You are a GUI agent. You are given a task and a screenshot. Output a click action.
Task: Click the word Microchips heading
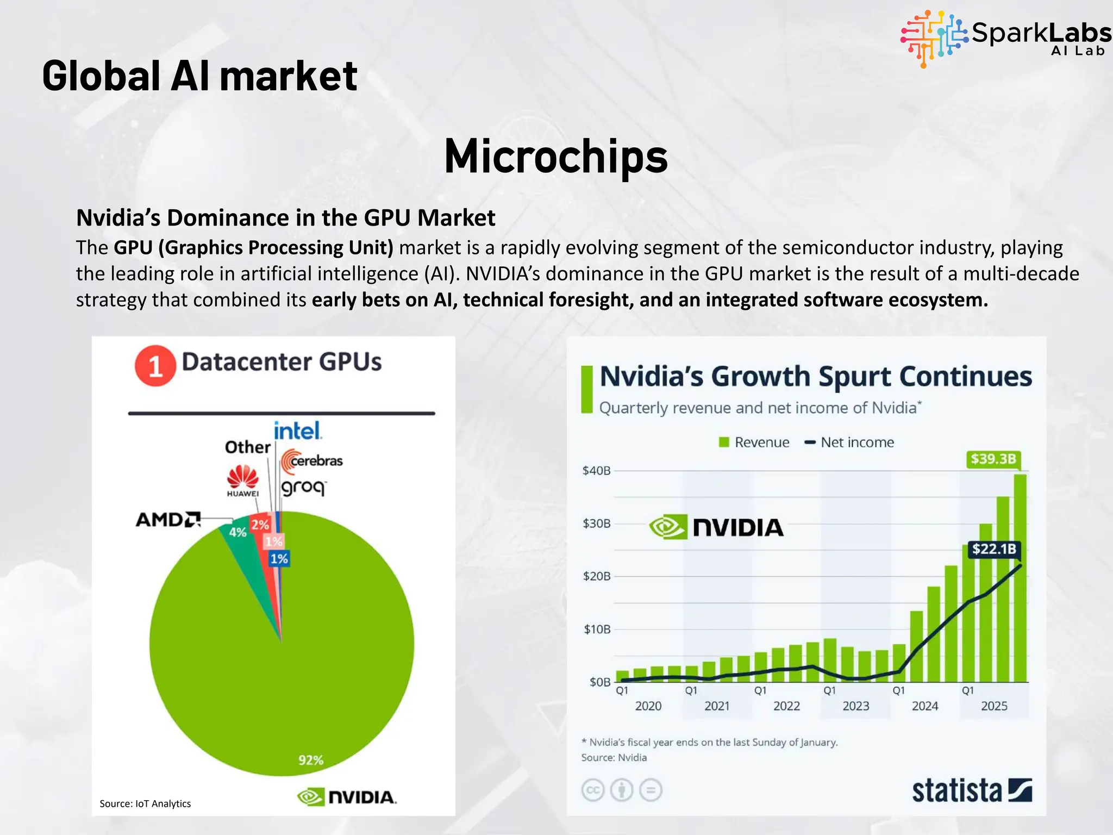tap(555, 157)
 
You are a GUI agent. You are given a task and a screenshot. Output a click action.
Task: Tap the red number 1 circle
tap(155, 366)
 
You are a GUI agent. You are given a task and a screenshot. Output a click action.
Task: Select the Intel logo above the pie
tap(297, 431)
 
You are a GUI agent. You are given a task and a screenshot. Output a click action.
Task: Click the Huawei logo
tap(242, 481)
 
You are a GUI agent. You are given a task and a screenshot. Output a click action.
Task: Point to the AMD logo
tap(168, 520)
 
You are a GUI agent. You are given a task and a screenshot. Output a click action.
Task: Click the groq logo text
tap(303, 487)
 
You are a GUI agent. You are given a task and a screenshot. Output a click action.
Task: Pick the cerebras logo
tap(312, 461)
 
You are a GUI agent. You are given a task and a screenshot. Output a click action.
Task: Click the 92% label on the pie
tap(311, 759)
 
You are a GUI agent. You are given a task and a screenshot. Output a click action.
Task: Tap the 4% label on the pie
tap(237, 532)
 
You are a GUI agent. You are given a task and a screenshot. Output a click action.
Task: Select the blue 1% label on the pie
tap(279, 558)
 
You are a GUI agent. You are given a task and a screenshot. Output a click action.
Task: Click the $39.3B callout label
tap(993, 459)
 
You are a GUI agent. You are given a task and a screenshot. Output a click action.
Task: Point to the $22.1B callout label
tap(993, 549)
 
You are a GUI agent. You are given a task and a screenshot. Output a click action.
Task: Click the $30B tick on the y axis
tap(596, 524)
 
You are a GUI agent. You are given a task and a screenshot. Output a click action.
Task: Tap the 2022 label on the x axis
tap(786, 706)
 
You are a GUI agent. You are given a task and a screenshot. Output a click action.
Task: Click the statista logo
tap(971, 790)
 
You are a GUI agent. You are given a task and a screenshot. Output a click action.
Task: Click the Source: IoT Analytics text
tap(145, 803)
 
